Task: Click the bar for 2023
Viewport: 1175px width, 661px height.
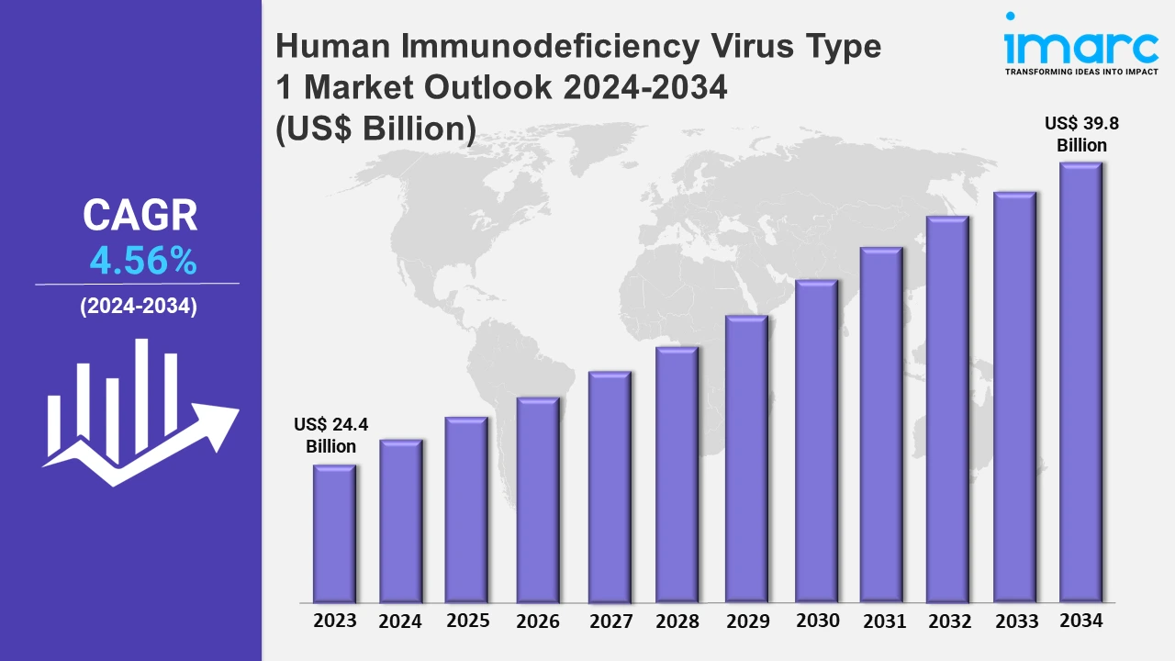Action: pos(334,534)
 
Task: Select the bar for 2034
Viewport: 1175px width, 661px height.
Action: pos(1080,384)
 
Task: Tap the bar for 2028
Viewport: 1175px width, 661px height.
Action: pos(677,476)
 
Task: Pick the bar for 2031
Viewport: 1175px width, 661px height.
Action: pos(881,426)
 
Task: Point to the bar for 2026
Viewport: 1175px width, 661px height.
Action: pos(538,500)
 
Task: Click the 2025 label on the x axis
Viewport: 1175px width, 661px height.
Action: pos(468,621)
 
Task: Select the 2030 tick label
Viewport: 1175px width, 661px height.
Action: pos(817,621)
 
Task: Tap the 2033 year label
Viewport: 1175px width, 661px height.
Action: pos(1015,621)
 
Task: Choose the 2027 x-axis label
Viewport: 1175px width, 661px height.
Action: pos(610,622)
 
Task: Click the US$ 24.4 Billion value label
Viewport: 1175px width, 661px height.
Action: pos(330,435)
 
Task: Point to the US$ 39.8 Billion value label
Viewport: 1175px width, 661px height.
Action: pos(1081,134)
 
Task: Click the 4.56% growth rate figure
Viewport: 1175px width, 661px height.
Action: pos(143,263)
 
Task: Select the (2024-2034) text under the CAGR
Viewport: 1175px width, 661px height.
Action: pos(138,308)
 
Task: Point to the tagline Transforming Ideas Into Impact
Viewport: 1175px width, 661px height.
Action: pos(1081,72)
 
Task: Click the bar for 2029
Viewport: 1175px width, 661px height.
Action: pos(746,460)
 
